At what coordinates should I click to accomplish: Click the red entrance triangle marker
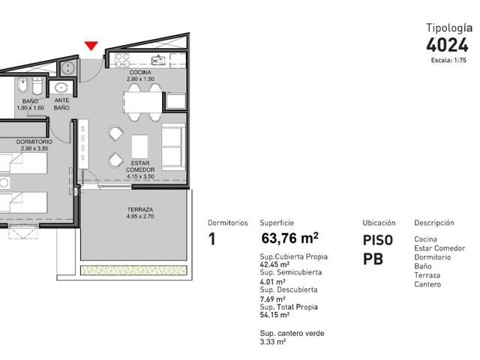tap(91, 46)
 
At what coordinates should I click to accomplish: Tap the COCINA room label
tap(140, 73)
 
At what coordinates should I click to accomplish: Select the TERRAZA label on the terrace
tap(140, 210)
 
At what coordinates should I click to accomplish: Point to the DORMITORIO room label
tap(34, 142)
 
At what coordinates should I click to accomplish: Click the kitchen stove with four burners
tap(122, 60)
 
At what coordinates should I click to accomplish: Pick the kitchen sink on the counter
tap(159, 60)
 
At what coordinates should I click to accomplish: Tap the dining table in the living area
tap(142, 102)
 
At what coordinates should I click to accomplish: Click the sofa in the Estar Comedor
tap(173, 147)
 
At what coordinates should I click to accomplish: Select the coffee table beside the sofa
tap(140, 147)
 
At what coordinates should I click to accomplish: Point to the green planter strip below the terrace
tap(133, 270)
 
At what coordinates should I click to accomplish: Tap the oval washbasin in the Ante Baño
tap(61, 88)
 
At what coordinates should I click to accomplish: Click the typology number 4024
tap(447, 45)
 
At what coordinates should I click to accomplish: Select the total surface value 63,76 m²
tap(289, 238)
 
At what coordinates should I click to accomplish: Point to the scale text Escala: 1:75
tap(448, 60)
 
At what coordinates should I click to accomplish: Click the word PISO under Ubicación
tap(377, 240)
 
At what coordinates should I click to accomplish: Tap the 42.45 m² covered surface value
tap(274, 265)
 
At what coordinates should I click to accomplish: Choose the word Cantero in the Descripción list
tap(427, 284)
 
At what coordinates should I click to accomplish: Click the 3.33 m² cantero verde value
tap(273, 342)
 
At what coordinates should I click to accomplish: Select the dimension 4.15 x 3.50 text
tap(140, 176)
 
